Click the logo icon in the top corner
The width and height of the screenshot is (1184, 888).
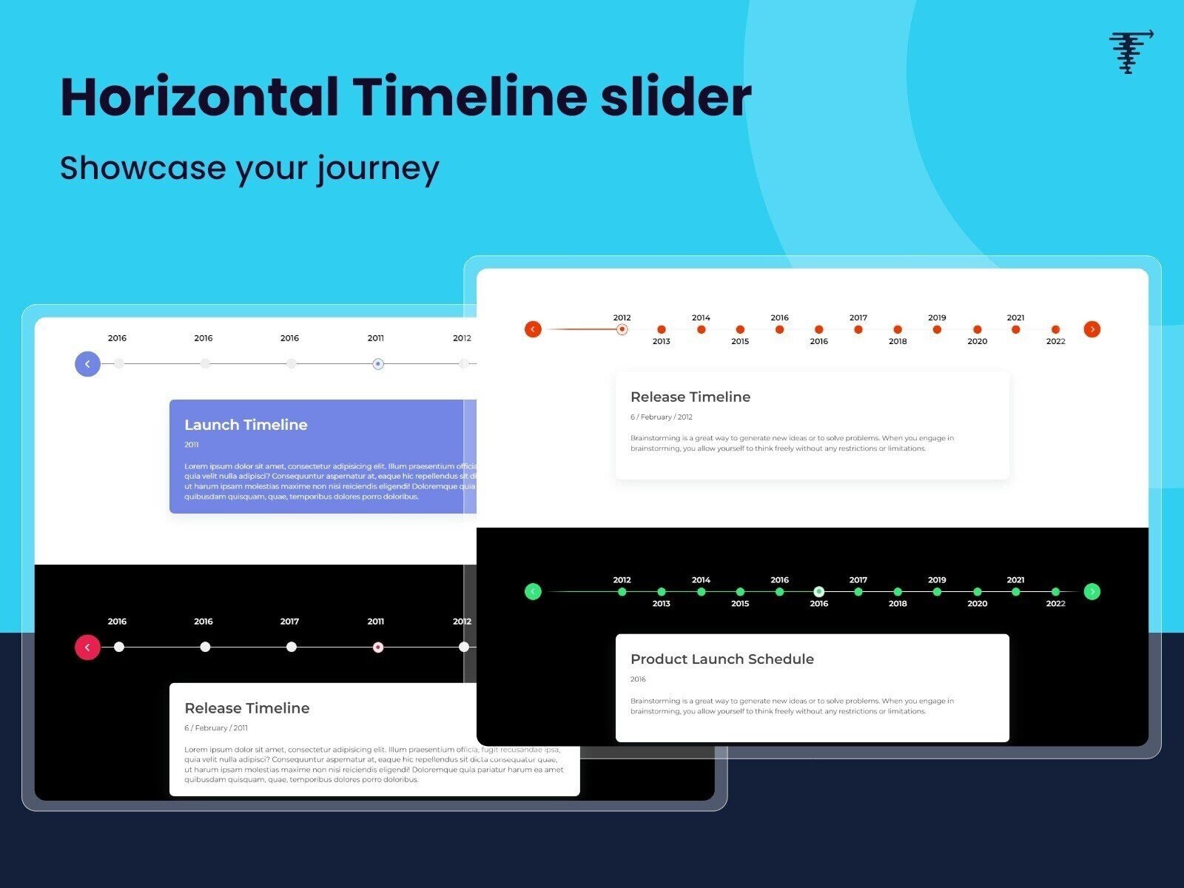[1130, 51]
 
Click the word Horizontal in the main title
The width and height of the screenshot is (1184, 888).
[199, 97]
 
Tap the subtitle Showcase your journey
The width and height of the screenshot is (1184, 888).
[249, 168]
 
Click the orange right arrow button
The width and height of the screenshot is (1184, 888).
[1091, 329]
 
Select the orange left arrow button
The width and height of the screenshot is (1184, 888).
[533, 329]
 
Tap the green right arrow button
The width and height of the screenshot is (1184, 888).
[1091, 591]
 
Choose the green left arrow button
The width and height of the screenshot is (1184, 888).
[533, 591]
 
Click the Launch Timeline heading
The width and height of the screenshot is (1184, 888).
[246, 425]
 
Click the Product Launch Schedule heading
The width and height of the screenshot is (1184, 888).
[721, 659]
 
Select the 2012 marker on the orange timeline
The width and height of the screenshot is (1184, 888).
[622, 329]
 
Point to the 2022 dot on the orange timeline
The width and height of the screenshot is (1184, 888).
[1056, 329]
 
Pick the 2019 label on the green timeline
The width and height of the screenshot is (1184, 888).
[937, 580]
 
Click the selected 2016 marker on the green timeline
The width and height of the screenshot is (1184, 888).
[818, 591]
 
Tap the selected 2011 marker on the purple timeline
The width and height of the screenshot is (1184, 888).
[378, 363]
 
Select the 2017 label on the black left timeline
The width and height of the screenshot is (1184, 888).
[289, 622]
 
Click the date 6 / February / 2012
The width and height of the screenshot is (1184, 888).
[661, 417]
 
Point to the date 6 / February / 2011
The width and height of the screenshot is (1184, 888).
[216, 728]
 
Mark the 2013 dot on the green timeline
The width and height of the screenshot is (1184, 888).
[662, 591]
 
